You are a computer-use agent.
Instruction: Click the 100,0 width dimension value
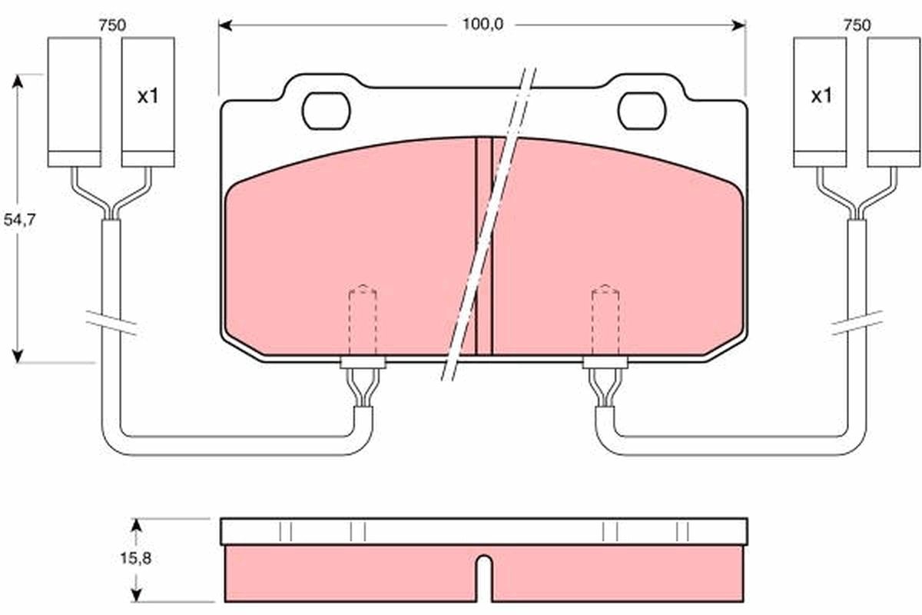click(482, 25)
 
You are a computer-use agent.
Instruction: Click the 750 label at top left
click(111, 25)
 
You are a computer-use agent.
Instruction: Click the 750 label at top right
click(856, 25)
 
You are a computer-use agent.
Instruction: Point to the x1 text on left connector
click(147, 97)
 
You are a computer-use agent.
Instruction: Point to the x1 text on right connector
click(821, 97)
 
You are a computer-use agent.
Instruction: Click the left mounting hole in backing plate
click(327, 111)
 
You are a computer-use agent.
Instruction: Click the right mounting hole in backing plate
click(642, 111)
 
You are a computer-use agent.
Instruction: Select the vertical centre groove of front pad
click(484, 246)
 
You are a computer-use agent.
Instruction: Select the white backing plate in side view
click(484, 531)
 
